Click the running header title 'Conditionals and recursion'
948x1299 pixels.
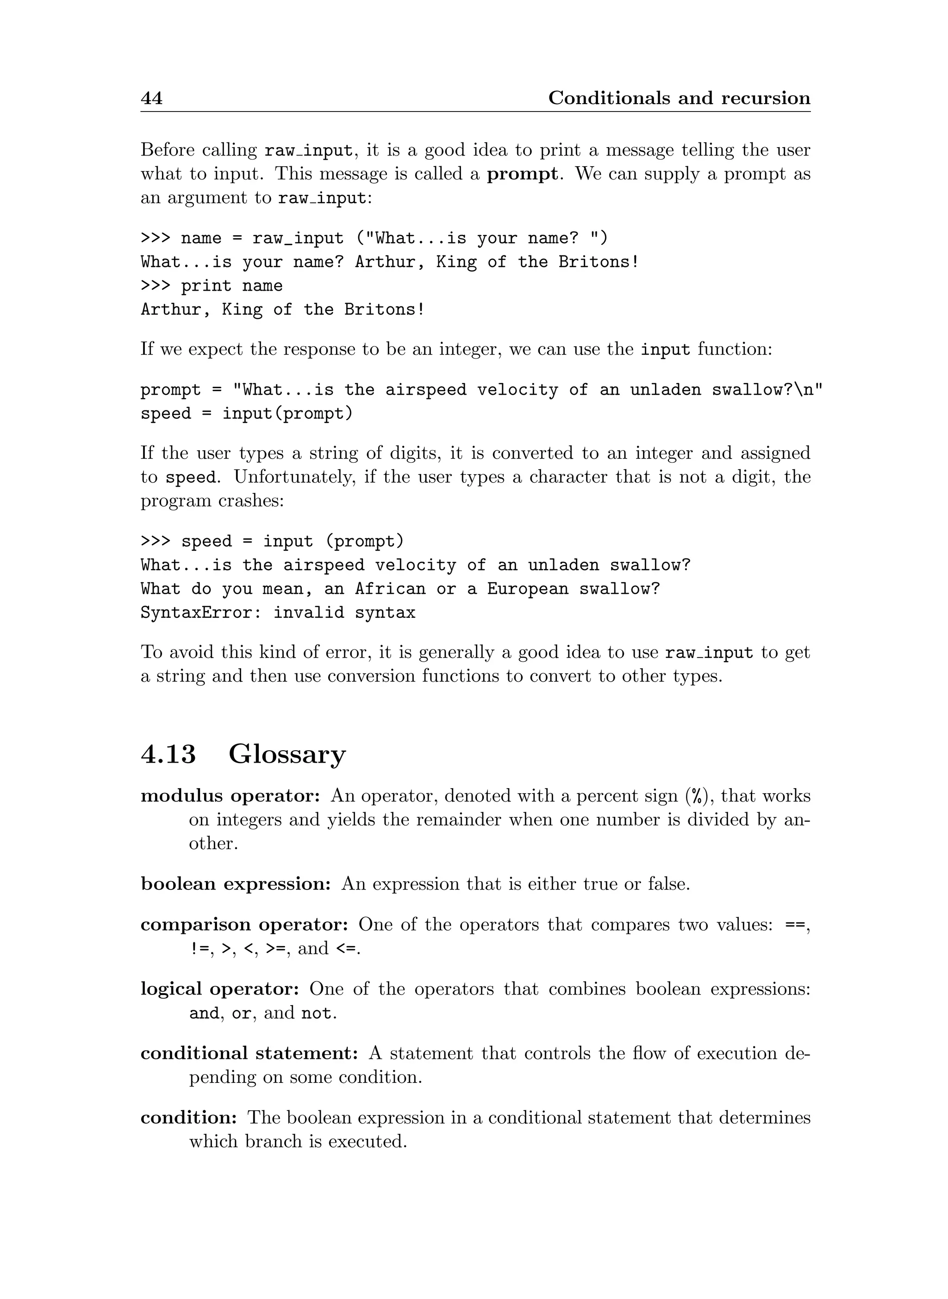pyautogui.click(x=679, y=98)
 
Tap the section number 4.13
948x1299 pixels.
pyautogui.click(x=168, y=754)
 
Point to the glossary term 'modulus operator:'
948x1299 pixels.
pyautogui.click(x=230, y=796)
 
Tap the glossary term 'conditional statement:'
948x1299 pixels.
pyautogui.click(x=249, y=1053)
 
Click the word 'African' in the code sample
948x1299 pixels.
pyautogui.click(x=390, y=589)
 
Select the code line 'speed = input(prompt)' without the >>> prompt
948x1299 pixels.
pyautogui.click(x=247, y=414)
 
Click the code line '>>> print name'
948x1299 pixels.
pyautogui.click(x=212, y=286)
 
